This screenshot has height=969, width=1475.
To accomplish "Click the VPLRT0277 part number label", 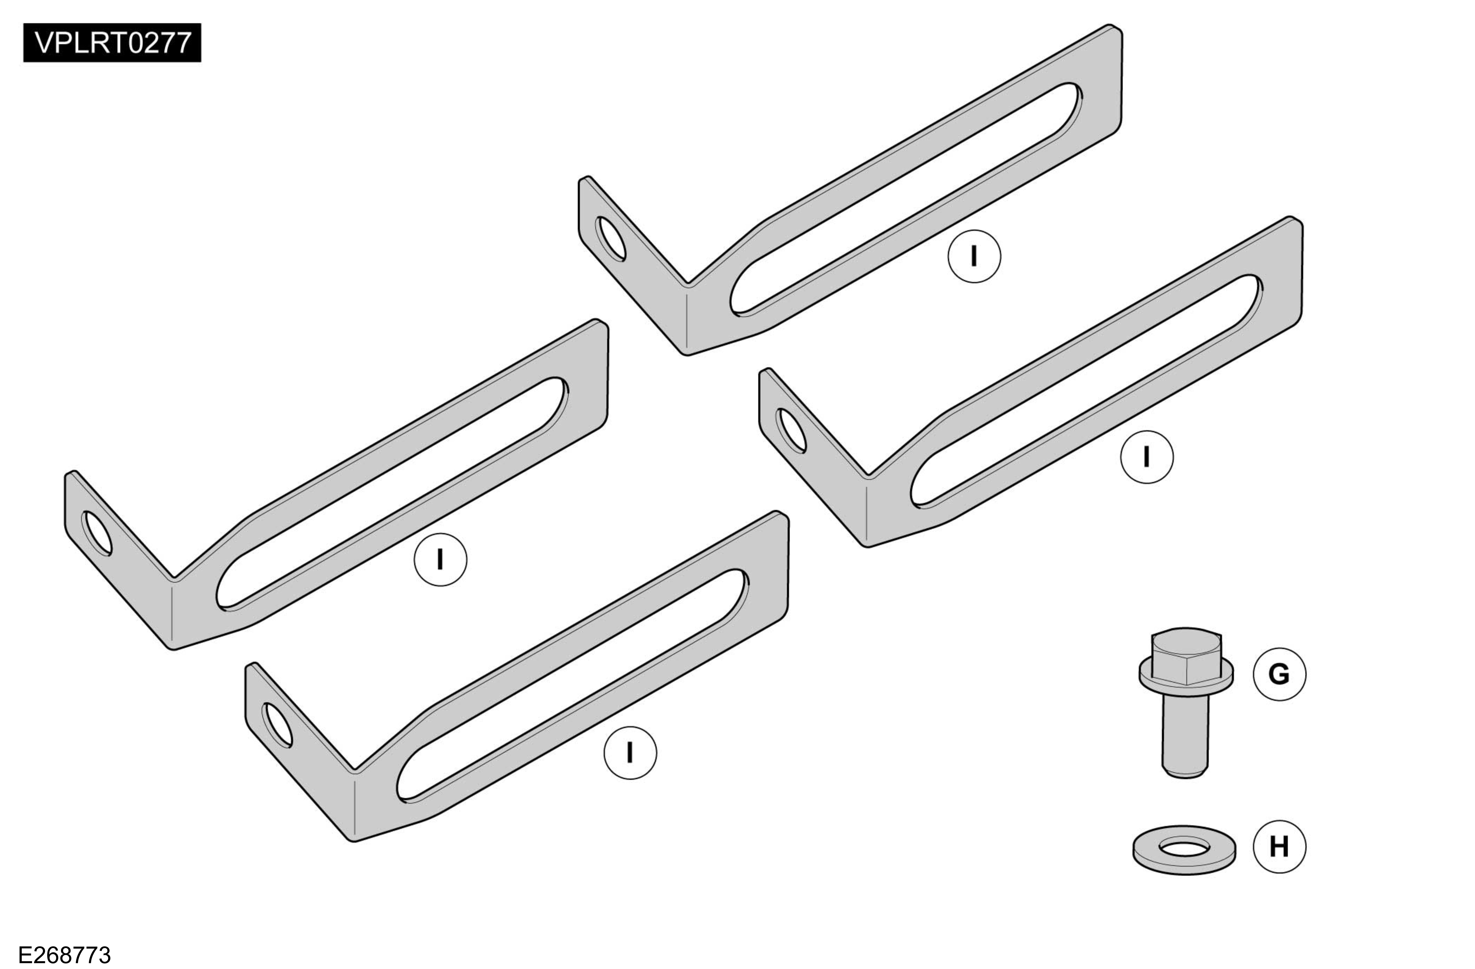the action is (112, 43).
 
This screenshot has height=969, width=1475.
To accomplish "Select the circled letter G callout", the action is (1279, 674).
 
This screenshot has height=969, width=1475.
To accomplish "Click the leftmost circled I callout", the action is (440, 560).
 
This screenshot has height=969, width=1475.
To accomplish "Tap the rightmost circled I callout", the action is (1147, 457).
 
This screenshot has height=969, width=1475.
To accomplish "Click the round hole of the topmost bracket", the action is (610, 239).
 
